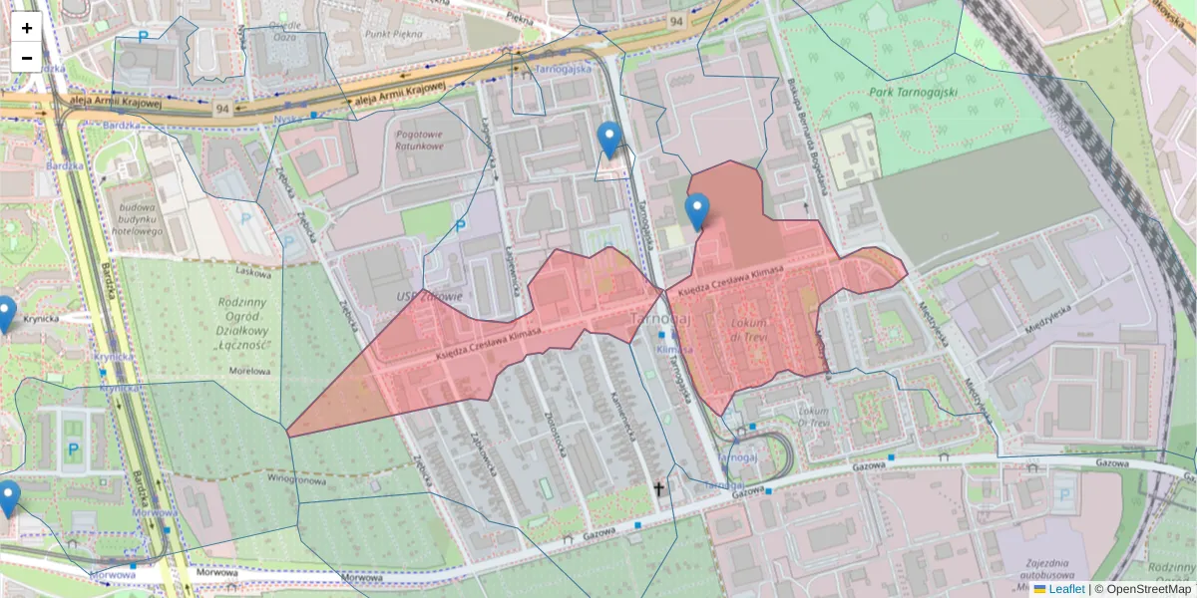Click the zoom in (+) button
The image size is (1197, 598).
tap(27, 28)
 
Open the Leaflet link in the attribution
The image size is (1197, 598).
tap(1065, 589)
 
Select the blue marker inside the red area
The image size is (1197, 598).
tap(697, 212)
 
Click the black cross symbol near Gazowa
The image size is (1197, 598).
tap(658, 488)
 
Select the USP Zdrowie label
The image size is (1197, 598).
tap(429, 296)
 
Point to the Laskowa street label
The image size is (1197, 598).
tap(253, 270)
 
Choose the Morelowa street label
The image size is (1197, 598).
tap(249, 371)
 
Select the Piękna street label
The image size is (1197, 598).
tap(520, 17)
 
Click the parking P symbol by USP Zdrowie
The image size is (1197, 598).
tap(460, 226)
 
